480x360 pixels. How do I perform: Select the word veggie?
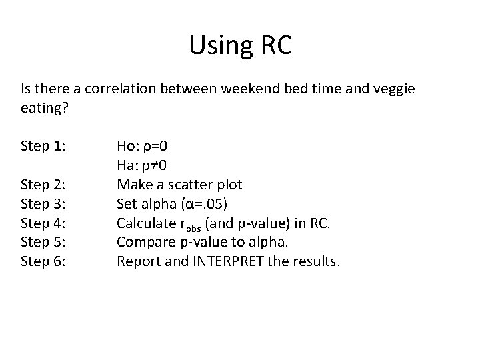[393, 89]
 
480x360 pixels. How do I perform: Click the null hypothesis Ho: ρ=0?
[147, 146]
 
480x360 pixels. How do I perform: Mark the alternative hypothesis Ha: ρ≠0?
[146, 165]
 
